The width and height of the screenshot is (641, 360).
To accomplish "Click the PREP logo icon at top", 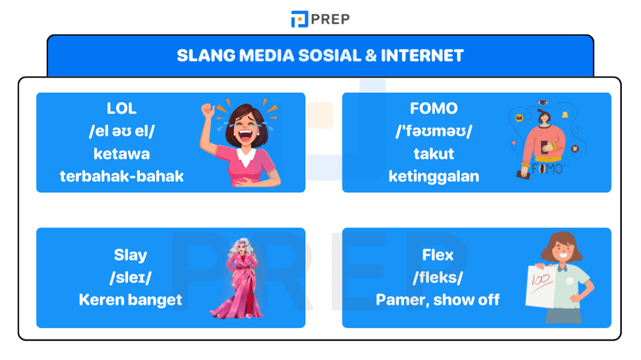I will click(299, 19).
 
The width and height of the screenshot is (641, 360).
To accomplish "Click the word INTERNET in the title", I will click(422, 56).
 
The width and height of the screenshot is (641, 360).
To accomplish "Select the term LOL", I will click(122, 109).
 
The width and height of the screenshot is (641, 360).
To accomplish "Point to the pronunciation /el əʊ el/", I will click(122, 131).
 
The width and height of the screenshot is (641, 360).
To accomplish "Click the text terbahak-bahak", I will click(122, 176).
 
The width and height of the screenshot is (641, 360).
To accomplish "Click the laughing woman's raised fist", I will click(207, 110).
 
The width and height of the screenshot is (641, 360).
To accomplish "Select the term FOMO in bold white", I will click(434, 109).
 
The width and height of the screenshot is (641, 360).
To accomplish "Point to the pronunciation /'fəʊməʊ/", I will click(434, 131).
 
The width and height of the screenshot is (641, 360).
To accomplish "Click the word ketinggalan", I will click(434, 176).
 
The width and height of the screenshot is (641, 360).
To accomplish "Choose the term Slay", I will click(130, 255).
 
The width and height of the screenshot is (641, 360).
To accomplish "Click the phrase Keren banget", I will click(130, 299).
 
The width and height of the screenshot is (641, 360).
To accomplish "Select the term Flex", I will click(438, 255).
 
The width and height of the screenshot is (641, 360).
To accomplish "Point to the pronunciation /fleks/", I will click(438, 277).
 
